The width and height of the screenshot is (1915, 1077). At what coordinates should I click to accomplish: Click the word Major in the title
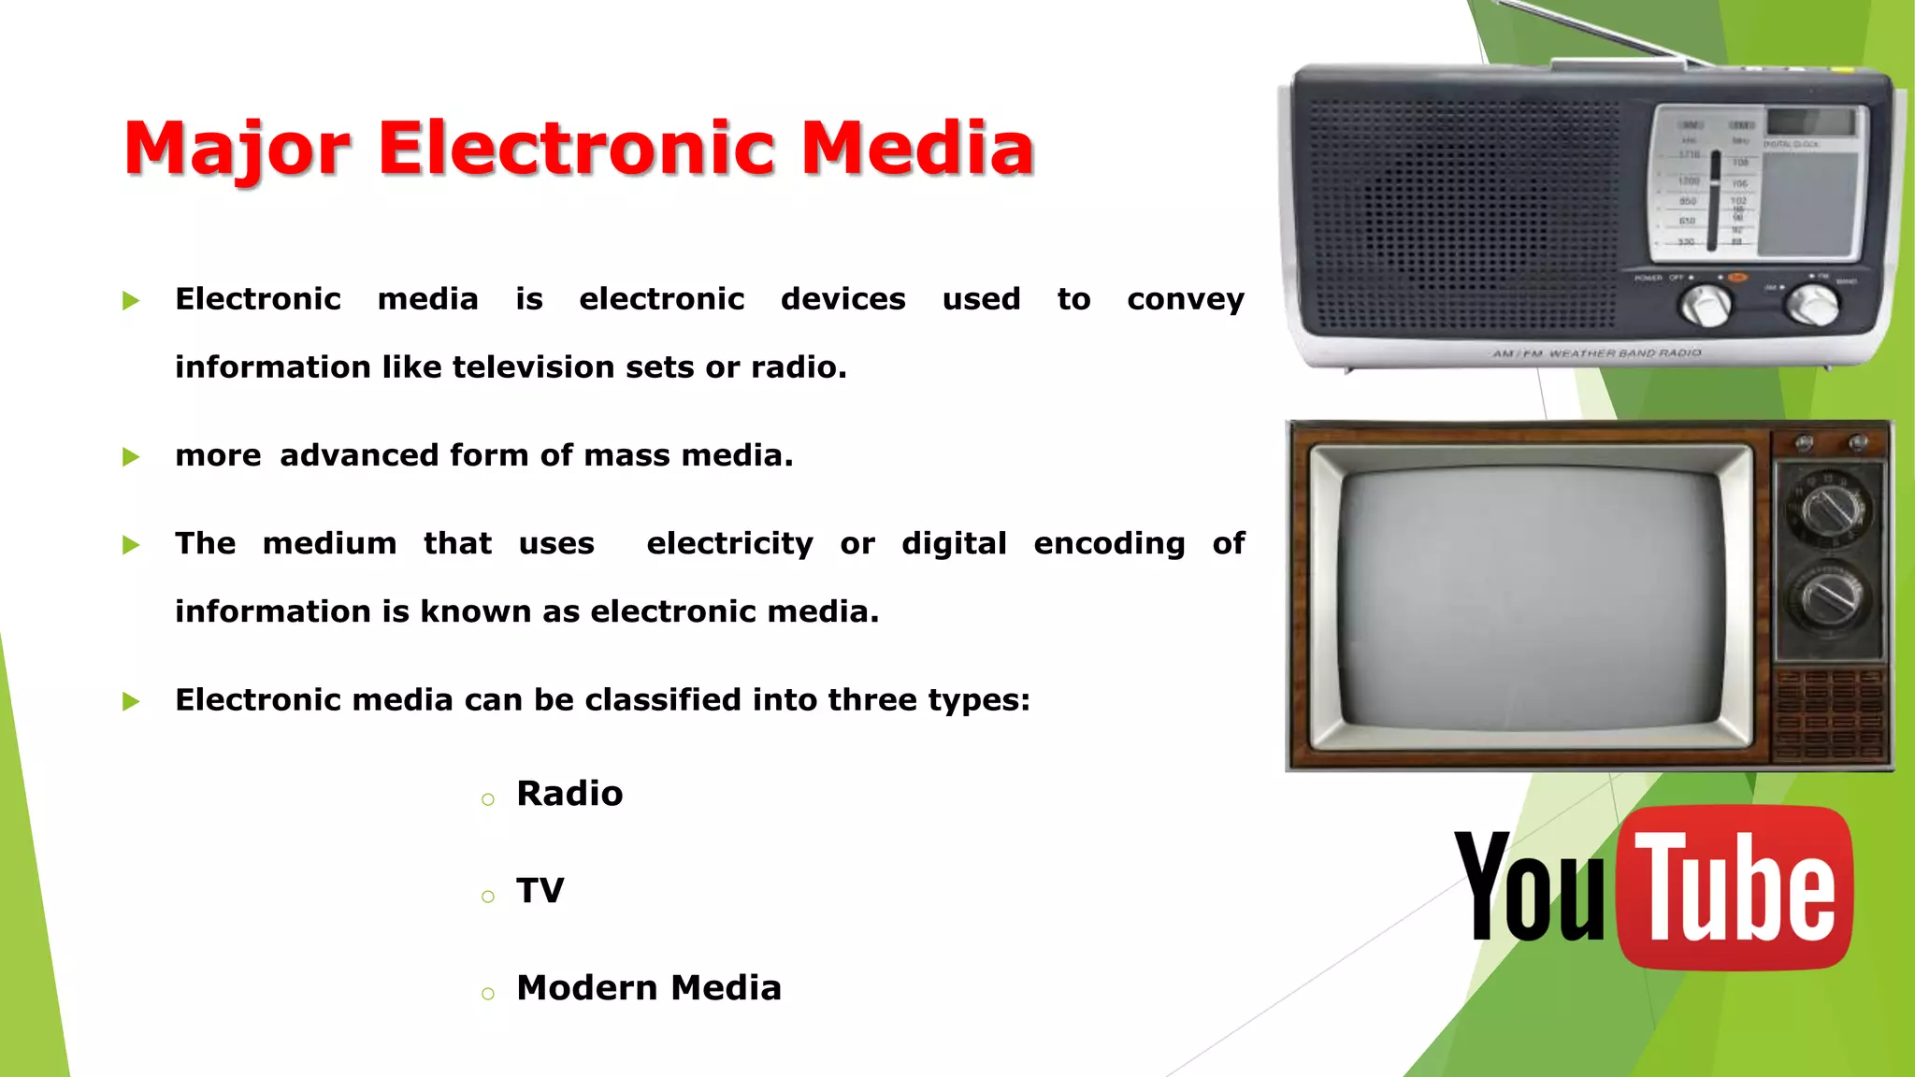[x=237, y=150]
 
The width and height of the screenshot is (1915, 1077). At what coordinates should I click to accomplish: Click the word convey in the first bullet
[x=1185, y=300]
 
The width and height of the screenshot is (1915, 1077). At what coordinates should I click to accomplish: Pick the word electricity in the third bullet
[x=729, y=543]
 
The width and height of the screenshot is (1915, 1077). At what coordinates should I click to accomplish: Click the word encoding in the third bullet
[x=1109, y=543]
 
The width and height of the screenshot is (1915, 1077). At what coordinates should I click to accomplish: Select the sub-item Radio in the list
[x=569, y=794]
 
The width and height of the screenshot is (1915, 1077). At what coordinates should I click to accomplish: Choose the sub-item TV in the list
[x=540, y=891]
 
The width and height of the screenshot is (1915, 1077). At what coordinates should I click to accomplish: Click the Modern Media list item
[x=648, y=988]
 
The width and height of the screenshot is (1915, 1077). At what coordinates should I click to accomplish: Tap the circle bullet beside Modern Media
[x=487, y=994]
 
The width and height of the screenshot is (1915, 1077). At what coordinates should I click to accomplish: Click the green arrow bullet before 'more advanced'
[x=131, y=457]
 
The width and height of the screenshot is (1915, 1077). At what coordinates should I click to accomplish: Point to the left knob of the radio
[x=1706, y=305]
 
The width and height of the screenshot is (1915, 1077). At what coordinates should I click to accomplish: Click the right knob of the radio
[x=1812, y=304]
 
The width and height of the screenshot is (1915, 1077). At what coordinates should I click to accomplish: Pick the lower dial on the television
[x=1830, y=596]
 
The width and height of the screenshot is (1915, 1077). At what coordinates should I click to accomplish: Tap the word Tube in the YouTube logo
[x=1735, y=887]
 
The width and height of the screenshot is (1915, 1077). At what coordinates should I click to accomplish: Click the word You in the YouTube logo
[x=1529, y=887]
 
